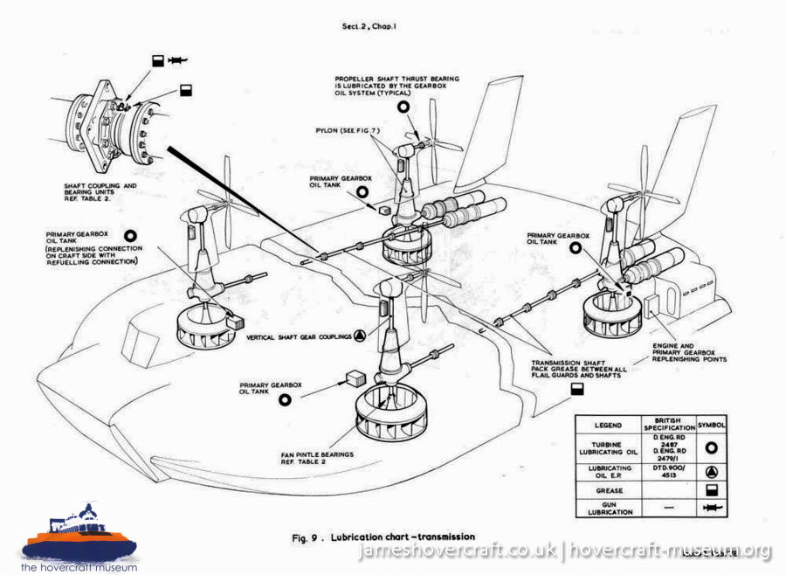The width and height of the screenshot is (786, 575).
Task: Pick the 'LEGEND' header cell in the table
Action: pyautogui.click(x=608, y=425)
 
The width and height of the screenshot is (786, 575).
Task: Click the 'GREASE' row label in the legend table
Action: pyautogui.click(x=608, y=491)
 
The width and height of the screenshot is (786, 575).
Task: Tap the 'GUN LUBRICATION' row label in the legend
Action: pyautogui.click(x=608, y=509)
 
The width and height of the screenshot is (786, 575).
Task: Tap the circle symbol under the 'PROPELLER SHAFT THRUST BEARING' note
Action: pyautogui.click(x=403, y=106)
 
